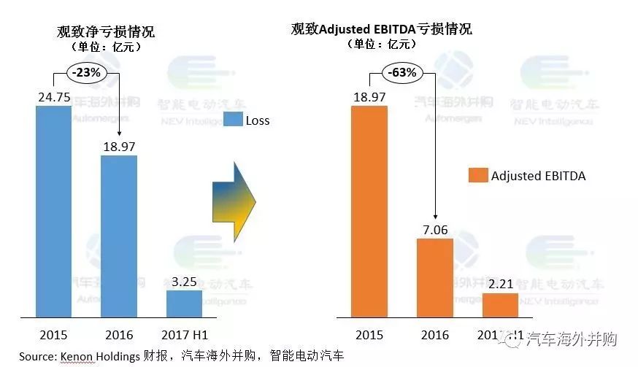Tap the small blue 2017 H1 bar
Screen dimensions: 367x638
[184, 303]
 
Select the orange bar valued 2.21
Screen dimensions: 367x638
[500, 305]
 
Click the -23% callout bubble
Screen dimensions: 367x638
[85, 72]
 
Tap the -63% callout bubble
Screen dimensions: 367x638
[401, 72]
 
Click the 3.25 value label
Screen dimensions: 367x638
[184, 279]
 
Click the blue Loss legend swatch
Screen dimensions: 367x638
[232, 120]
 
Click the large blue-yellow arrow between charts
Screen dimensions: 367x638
[234, 202]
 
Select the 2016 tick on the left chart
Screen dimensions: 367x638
[118, 336]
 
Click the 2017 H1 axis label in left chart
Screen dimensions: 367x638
[184, 336]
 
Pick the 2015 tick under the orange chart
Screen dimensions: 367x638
[369, 336]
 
